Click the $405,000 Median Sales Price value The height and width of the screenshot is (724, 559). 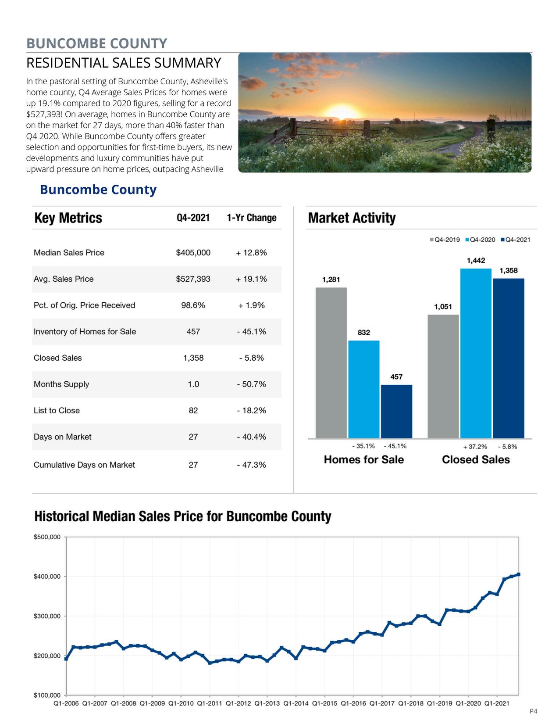point(193,253)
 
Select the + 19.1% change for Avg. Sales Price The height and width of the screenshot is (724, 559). point(251,279)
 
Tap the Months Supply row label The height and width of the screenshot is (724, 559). point(61,384)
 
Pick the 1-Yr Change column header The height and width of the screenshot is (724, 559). point(251,218)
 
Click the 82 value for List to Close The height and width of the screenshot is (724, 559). point(193,411)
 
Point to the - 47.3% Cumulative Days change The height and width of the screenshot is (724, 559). point(251,465)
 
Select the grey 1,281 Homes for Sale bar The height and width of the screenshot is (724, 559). point(331,362)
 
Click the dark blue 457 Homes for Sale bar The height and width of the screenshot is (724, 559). point(396,411)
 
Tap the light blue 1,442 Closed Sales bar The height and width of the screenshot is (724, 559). point(476,353)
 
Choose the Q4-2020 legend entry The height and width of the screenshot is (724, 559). point(482,240)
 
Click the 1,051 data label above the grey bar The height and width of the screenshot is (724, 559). point(443,307)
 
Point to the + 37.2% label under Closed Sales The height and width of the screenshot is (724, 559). point(475,447)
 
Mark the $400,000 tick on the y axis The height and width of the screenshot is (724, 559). point(47,577)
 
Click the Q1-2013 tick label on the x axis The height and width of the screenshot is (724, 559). point(267,704)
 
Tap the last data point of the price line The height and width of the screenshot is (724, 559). point(519,574)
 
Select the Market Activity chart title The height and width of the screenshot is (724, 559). point(352,218)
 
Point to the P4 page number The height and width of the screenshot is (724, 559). point(533,711)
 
